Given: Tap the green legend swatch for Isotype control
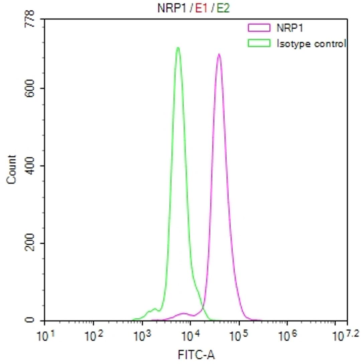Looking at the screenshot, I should pos(259,43).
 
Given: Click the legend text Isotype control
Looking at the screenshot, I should pos(311,43).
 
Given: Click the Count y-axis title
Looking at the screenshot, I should pos(11,169).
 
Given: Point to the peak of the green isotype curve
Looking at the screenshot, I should pos(178,48).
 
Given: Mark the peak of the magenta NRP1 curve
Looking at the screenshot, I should pos(219,54).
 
